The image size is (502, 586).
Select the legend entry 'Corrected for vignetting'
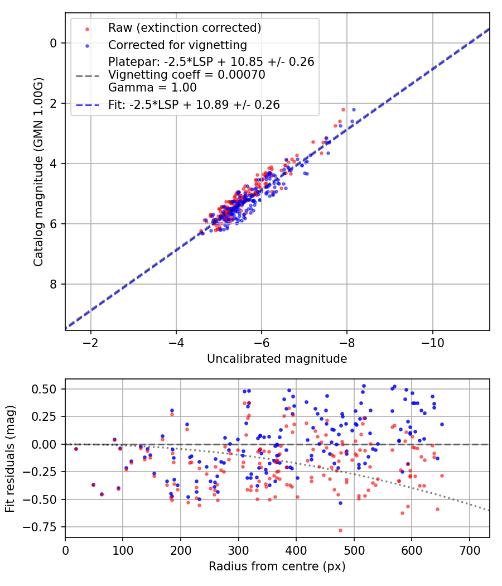(x=177, y=45)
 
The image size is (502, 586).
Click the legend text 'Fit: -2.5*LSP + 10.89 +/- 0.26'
(x=194, y=104)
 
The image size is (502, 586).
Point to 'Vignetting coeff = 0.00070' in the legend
(x=187, y=75)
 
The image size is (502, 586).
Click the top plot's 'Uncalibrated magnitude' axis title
(x=277, y=359)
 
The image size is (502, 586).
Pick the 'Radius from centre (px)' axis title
(x=277, y=566)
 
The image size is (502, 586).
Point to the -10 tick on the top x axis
(x=432, y=342)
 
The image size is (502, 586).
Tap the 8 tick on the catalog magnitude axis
(x=53, y=284)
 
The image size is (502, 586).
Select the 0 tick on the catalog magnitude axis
(x=53, y=43)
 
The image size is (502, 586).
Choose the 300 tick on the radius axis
(x=238, y=550)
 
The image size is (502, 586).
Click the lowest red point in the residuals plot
(x=340, y=530)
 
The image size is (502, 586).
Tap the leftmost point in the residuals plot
(x=76, y=449)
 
